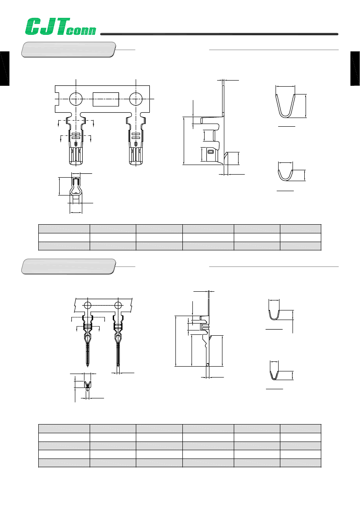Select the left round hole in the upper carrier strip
pos(76,99)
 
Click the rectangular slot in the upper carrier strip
pos(106,99)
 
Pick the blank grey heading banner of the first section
pos(69,49)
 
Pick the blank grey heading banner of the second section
pos(69,266)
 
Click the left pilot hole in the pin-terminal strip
pos(87,305)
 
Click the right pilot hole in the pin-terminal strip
pos(118,305)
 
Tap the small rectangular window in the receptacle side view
pos(211,152)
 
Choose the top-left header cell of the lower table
pos(64,428)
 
